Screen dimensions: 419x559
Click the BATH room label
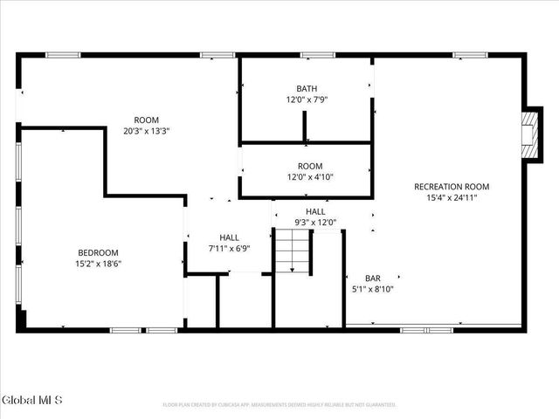[307, 88]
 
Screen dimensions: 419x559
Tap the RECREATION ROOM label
[452, 186]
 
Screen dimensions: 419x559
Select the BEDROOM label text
[98, 252]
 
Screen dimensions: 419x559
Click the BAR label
[372, 277]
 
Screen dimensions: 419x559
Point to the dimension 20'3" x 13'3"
[146, 131]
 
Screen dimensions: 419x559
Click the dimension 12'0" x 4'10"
[309, 177]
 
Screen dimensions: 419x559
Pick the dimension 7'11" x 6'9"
[229, 248]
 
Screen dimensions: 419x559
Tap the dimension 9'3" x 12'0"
[315, 223]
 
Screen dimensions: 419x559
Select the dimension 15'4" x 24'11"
[452, 197]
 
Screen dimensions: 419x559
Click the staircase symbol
[293, 253]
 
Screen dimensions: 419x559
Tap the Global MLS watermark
[32, 401]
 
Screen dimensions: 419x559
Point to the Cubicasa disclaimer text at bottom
[279, 405]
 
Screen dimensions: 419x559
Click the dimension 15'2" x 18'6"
[98, 264]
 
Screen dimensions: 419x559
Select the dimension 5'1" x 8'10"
[372, 288]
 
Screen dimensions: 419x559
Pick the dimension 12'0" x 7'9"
[307, 100]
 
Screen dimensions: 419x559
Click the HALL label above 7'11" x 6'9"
[229, 237]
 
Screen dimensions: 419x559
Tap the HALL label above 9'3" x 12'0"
[315, 212]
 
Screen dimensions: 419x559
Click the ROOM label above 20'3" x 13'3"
[146, 120]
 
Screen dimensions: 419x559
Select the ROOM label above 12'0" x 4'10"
[309, 166]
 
